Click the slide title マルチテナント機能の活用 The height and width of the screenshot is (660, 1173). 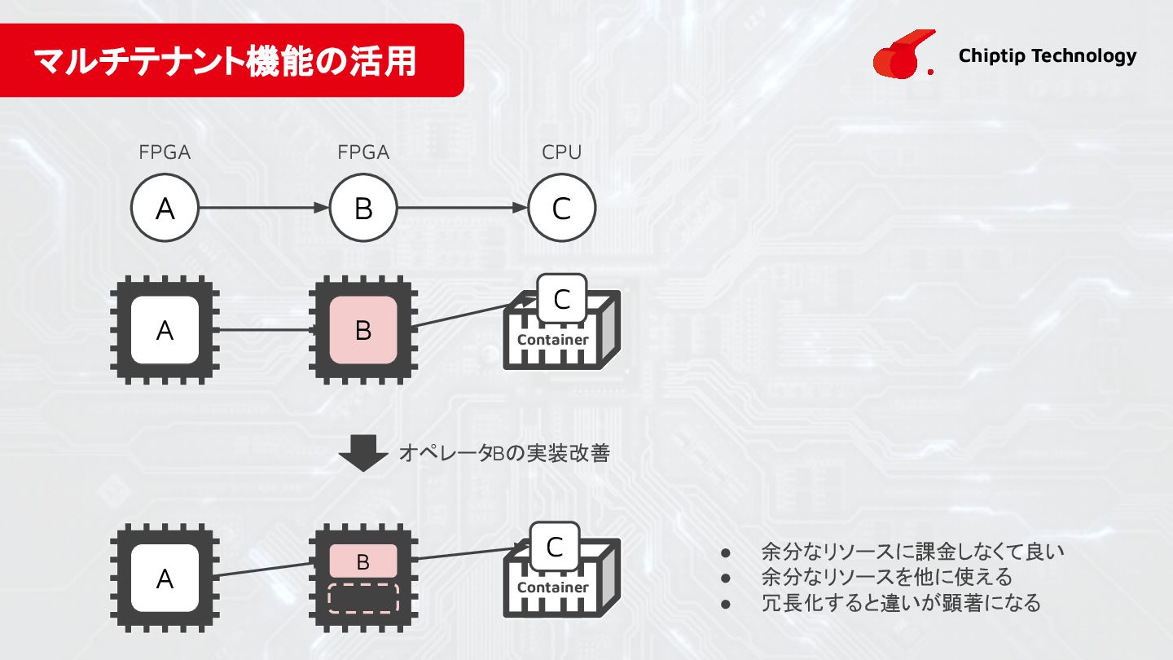pyautogui.click(x=225, y=61)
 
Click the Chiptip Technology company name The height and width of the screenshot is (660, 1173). pyautogui.click(x=1047, y=55)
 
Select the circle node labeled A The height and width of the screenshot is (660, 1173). pyautogui.click(x=165, y=209)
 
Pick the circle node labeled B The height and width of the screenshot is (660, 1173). pyautogui.click(x=363, y=209)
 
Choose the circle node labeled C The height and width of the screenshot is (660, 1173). pyautogui.click(x=561, y=209)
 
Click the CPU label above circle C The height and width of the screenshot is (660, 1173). pyautogui.click(x=561, y=152)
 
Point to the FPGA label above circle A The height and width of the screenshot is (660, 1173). pyautogui.click(x=165, y=152)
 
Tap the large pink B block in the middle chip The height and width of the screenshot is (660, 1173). pyautogui.click(x=363, y=330)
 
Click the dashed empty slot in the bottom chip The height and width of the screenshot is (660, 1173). pyautogui.click(x=363, y=596)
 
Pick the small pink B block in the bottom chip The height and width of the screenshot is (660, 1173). pyautogui.click(x=363, y=561)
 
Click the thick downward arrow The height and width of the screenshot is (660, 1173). pyautogui.click(x=363, y=453)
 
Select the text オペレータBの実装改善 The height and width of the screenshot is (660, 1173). pyautogui.click(x=504, y=454)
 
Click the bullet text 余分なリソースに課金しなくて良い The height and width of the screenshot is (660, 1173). pyautogui.click(x=912, y=552)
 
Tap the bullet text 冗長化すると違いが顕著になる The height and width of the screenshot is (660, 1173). pyautogui.click(x=900, y=603)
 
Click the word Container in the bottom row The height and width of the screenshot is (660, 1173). pyautogui.click(x=553, y=587)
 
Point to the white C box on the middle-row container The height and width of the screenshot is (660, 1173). pyautogui.click(x=561, y=299)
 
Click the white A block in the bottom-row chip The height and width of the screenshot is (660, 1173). pyautogui.click(x=165, y=579)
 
